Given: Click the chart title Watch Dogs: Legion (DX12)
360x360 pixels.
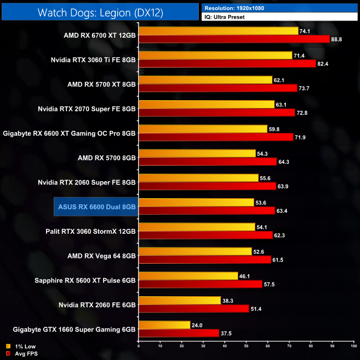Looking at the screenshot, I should tap(100, 12).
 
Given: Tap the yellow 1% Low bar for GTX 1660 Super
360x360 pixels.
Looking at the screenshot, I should tap(164, 325).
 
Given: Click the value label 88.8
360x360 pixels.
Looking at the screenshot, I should tap(337, 39).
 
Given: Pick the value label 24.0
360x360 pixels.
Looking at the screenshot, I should tap(197, 325).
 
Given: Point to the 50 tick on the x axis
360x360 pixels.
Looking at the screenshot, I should tap(246, 347).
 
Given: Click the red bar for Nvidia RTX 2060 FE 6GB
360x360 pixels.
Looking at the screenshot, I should tap(194, 308).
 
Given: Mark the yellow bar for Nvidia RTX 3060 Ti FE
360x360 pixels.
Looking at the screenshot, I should tap(215, 55).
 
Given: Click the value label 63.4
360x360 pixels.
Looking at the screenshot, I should tap(282, 210).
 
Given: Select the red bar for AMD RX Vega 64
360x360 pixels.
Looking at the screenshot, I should tap(205, 260).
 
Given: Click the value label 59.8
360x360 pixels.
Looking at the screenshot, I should tap(274, 128).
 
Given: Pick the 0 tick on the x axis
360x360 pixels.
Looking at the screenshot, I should tap(138, 347).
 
